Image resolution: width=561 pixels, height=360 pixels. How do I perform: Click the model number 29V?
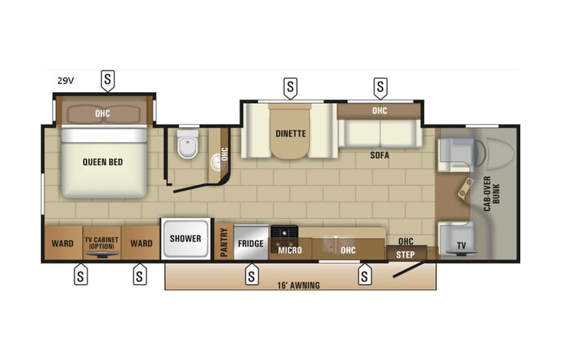(65, 80)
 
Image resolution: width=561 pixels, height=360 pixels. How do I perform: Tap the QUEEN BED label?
(103, 162)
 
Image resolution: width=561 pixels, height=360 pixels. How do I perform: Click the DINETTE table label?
(291, 134)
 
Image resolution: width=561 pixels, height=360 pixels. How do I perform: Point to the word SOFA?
(379, 155)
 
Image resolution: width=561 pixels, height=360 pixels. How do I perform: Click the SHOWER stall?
(185, 239)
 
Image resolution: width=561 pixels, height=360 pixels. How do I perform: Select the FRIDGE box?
(251, 243)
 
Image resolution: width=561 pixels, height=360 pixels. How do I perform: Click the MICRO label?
(290, 250)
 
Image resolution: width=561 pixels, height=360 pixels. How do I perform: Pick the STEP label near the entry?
(405, 254)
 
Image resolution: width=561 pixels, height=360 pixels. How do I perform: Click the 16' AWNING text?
(299, 285)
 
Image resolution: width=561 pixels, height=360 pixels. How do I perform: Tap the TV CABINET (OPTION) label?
(103, 243)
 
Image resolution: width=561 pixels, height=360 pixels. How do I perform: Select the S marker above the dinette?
(290, 88)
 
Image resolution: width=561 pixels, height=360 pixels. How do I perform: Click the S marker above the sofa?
(380, 88)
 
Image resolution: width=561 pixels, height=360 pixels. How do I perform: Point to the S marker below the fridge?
(251, 274)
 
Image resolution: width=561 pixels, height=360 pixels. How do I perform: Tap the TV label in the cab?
(460, 246)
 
